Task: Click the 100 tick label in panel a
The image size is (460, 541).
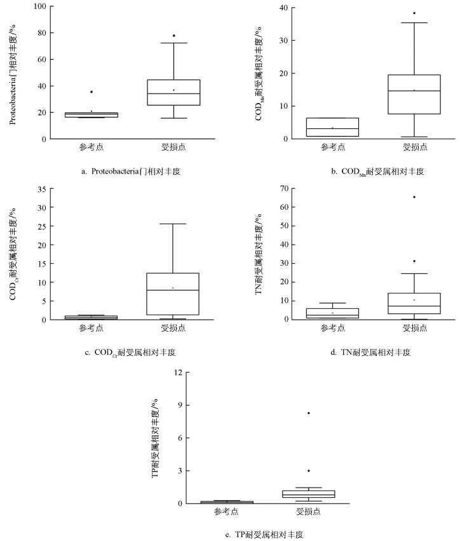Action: pyautogui.click(x=39, y=6)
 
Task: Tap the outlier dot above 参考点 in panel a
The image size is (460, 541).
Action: pyautogui.click(x=91, y=92)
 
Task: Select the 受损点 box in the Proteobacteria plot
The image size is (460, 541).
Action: pyautogui.click(x=173, y=92)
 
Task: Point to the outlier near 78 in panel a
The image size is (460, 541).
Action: pyautogui.click(x=173, y=36)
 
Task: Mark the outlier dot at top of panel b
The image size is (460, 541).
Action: pyautogui.click(x=414, y=13)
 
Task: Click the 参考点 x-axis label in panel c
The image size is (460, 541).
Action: pyautogui.click(x=91, y=328)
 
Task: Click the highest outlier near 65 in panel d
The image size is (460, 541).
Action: pyautogui.click(x=414, y=197)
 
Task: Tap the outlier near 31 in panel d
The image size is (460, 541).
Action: pyautogui.click(x=414, y=261)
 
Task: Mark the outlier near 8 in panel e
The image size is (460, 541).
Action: pyautogui.click(x=309, y=413)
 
